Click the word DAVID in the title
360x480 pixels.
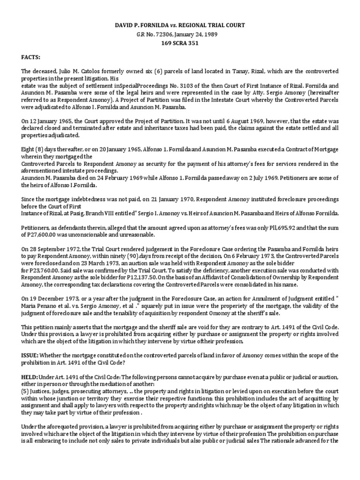[123, 24]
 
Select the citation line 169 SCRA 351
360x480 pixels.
[180, 44]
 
